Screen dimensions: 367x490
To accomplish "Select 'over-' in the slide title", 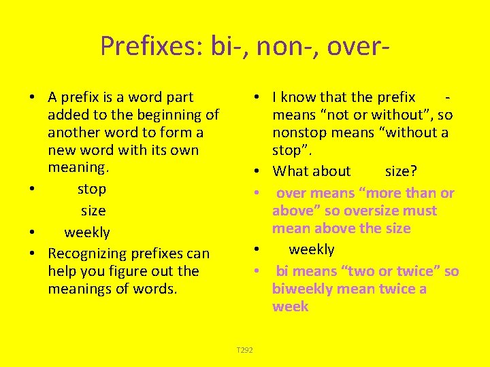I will pyautogui.click(x=358, y=46).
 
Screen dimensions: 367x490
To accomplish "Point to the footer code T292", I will pyautogui.click(x=244, y=350).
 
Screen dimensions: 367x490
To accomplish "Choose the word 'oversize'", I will pyautogui.click(x=374, y=211).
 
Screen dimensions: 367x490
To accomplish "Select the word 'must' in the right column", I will pyautogui.click(x=423, y=211).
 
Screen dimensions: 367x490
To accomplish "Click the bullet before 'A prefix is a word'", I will pyautogui.click(x=33, y=98).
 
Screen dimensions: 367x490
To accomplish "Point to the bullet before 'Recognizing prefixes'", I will pyautogui.click(x=33, y=254).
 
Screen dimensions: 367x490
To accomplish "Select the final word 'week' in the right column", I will pyautogui.click(x=290, y=307).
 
